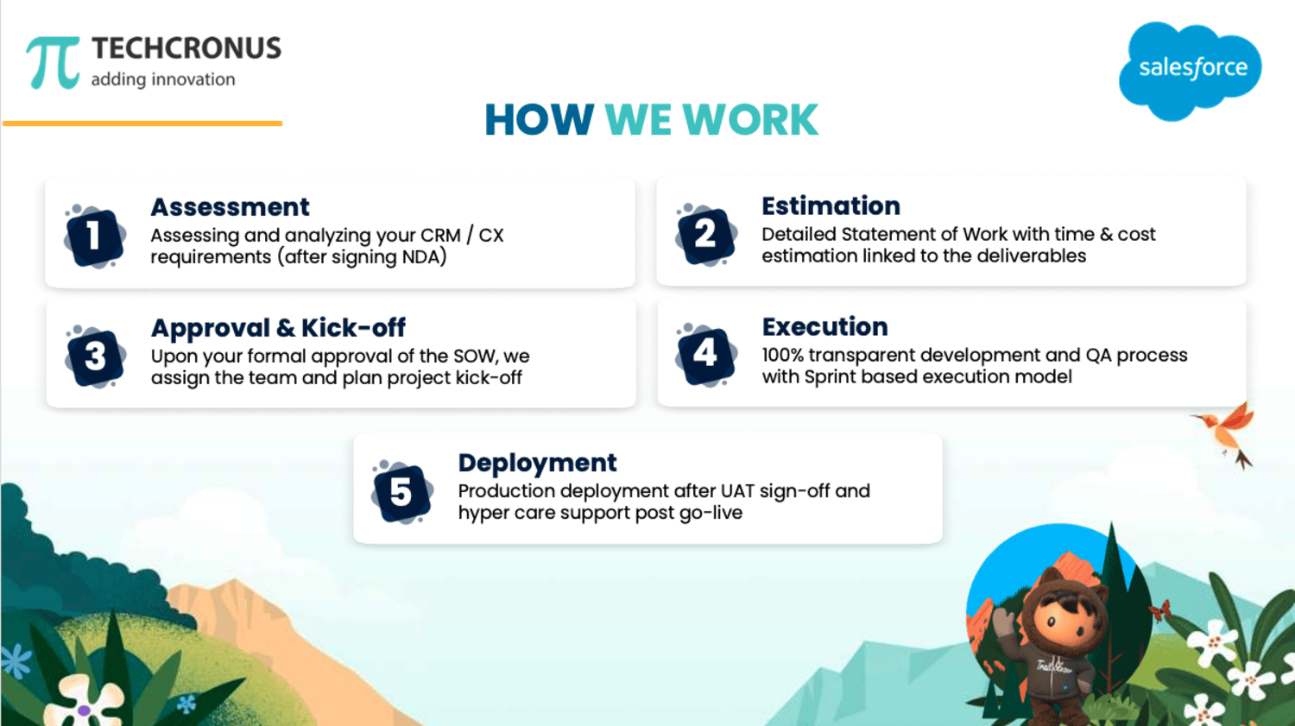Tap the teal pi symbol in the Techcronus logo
[53, 62]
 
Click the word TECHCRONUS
[186, 48]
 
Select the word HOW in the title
[539, 120]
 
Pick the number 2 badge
[705, 235]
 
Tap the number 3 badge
[95, 356]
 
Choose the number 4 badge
[706, 354]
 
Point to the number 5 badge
[401, 492]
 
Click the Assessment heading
[231, 207]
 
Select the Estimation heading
[831, 205]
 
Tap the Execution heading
[825, 326]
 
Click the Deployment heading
[537, 463]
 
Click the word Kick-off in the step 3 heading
[353, 328]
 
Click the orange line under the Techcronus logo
[142, 123]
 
